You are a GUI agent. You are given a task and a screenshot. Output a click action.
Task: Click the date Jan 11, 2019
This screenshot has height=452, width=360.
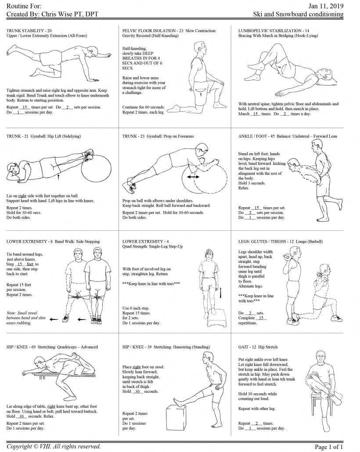pos(326,6)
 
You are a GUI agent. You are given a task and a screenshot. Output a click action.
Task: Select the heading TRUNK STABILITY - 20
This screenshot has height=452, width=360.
pos(29,31)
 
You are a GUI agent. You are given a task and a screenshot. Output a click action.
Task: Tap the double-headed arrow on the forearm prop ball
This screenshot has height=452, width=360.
pos(192,176)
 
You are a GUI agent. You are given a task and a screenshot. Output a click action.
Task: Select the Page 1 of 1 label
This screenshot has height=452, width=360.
pos(329,447)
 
